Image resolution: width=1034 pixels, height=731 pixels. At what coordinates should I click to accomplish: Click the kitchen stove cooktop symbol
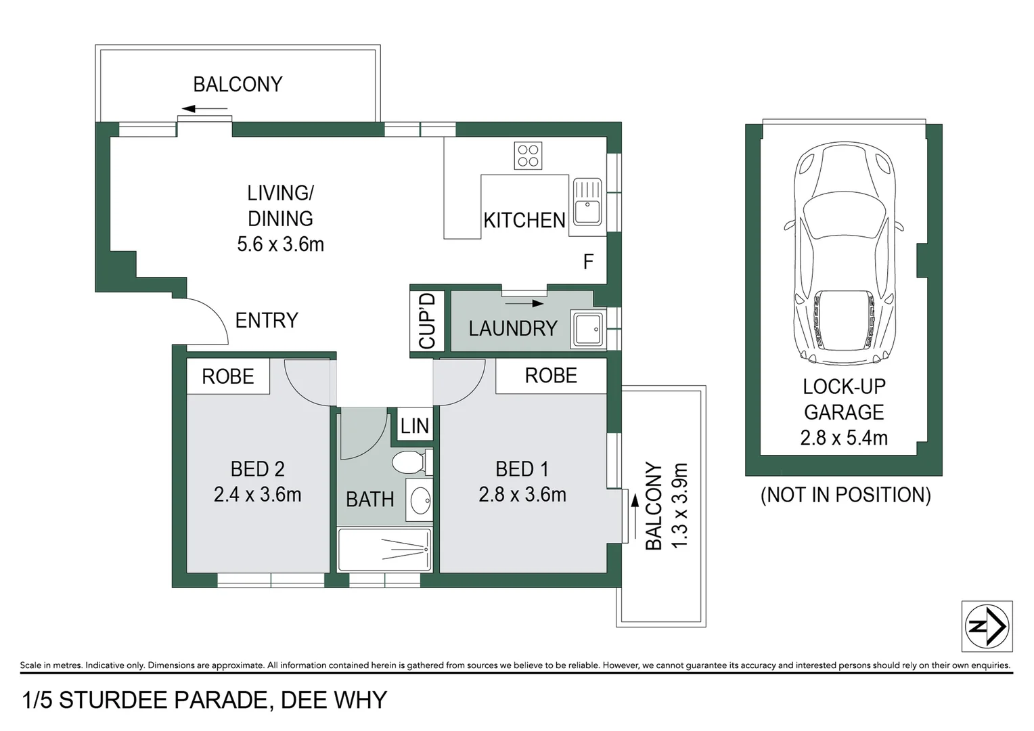coord(528,156)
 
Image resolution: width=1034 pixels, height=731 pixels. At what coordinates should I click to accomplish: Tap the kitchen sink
coord(587,202)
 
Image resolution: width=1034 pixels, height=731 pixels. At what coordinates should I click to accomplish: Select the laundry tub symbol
coord(587,329)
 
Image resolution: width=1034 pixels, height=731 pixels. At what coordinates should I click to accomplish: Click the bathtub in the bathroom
coord(384,550)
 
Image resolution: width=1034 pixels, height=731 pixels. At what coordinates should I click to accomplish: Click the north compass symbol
coord(987,626)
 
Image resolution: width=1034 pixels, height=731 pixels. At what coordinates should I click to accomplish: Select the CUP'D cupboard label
coord(427,321)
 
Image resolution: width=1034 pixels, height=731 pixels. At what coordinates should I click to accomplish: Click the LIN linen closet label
coord(414,426)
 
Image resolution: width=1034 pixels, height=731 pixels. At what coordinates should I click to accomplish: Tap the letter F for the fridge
coord(588,261)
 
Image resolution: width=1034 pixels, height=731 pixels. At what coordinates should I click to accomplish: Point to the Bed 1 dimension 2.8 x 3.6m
coord(522,495)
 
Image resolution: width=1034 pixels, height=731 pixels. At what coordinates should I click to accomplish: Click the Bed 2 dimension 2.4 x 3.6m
coord(257,495)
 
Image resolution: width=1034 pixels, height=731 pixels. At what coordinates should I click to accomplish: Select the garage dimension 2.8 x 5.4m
coord(843,438)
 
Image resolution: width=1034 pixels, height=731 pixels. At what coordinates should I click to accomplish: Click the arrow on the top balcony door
coord(204,108)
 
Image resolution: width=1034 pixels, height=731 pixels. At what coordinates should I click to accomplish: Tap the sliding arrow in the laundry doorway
coord(529,303)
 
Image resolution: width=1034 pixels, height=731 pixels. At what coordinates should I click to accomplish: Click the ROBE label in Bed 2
coord(227,376)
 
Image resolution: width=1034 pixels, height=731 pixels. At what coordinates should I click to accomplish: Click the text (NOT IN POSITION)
coord(845,495)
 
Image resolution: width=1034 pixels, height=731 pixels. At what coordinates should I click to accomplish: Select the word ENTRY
coord(267,320)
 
